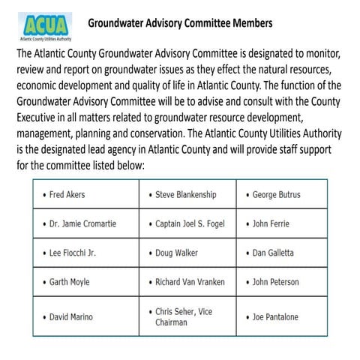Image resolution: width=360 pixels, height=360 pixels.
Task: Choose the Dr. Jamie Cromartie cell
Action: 83,223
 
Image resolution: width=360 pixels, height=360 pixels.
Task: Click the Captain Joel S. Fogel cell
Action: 188,223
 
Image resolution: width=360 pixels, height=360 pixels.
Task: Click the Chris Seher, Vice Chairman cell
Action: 187,316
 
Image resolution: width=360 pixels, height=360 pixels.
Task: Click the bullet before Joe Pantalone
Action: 247,317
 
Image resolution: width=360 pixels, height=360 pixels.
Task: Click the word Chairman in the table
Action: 174,323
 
